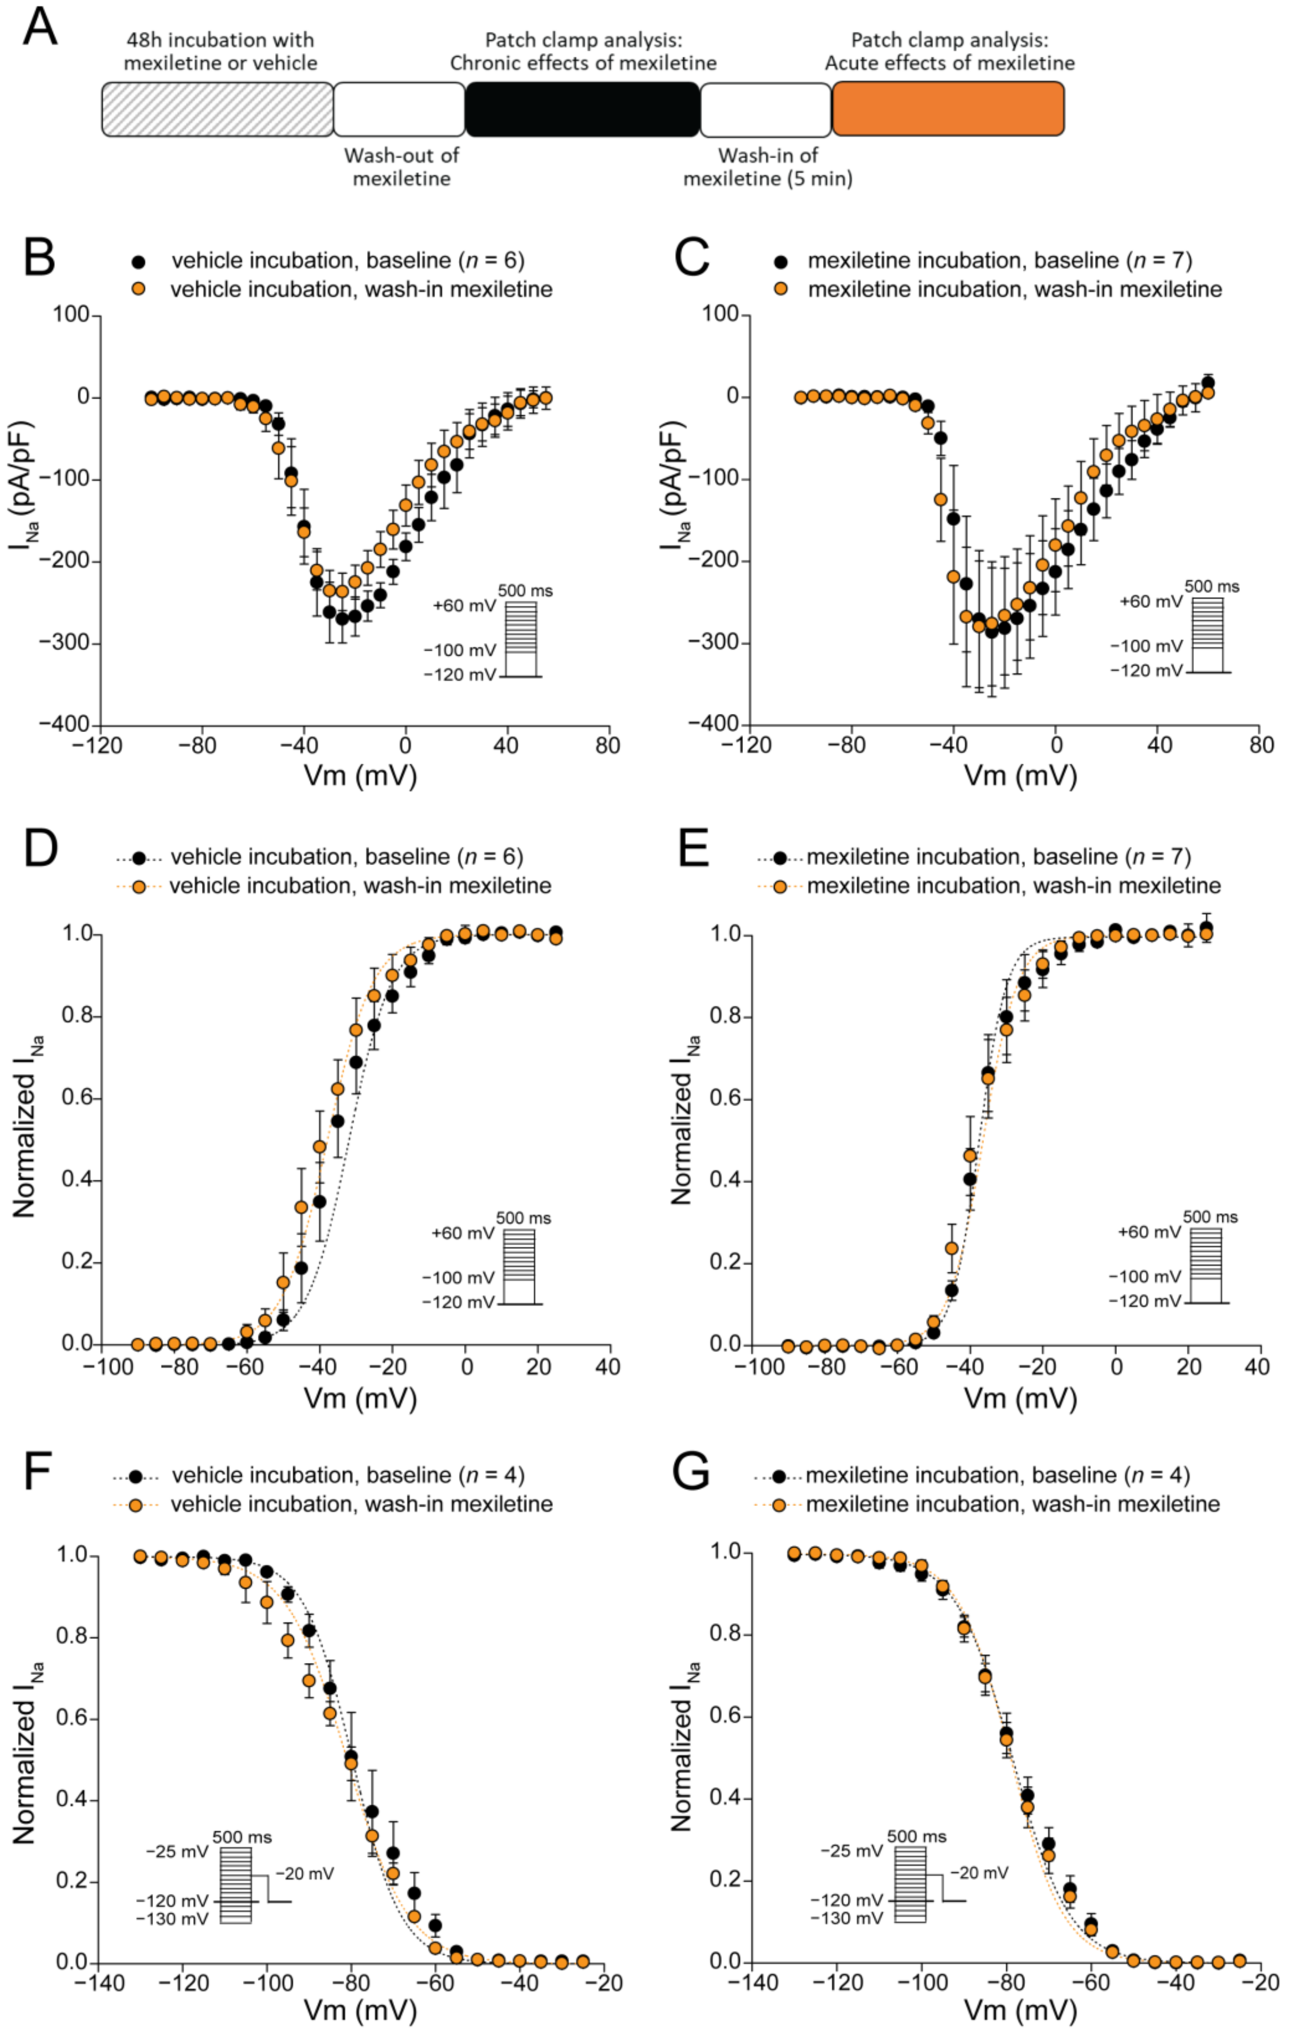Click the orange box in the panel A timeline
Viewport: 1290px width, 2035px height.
click(948, 109)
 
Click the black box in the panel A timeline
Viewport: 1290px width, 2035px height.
click(582, 109)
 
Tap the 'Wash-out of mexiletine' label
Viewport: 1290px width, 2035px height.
click(401, 166)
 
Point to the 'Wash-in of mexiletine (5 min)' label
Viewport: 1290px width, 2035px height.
click(767, 166)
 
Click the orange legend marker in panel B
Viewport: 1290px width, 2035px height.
click(139, 289)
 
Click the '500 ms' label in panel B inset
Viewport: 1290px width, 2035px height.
click(525, 591)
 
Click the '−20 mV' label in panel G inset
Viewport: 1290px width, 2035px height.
click(979, 1873)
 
